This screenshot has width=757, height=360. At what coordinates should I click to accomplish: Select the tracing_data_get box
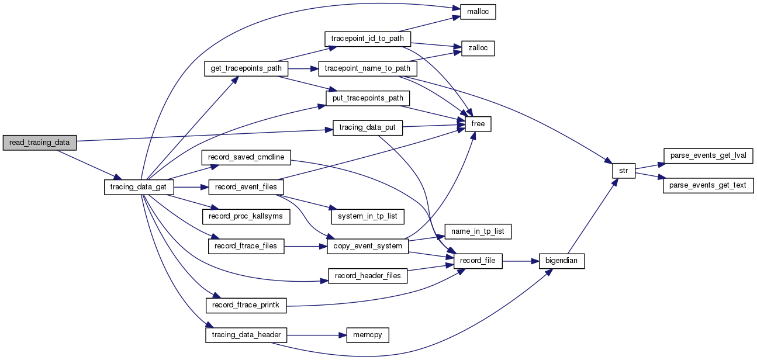coord(139,187)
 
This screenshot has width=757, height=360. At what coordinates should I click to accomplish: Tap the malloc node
coord(478,12)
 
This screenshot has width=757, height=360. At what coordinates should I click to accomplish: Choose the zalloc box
coord(478,49)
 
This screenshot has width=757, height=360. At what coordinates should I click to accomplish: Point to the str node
coord(623,171)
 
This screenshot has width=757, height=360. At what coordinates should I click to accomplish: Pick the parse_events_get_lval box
coord(708,155)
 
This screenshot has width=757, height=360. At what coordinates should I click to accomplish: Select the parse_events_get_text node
coord(708,186)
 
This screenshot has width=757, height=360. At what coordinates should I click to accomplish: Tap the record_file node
coord(478,261)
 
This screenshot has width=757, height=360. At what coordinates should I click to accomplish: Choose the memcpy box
coord(368,335)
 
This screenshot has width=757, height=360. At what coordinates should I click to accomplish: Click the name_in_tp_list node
coord(478,231)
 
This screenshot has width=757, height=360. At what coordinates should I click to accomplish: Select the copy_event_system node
coord(367,246)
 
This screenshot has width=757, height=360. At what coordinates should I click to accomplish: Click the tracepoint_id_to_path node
coord(368,39)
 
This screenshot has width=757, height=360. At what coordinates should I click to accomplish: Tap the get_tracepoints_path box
coord(246,68)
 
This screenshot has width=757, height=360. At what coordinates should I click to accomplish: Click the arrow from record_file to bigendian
coord(520,261)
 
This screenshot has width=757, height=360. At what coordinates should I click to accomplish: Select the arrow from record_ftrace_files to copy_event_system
coord(305,246)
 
